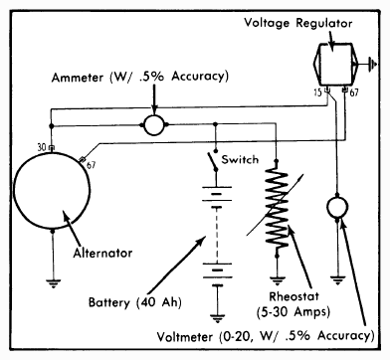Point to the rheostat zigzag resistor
(x=278, y=209)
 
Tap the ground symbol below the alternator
(x=53, y=283)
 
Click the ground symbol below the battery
(x=218, y=318)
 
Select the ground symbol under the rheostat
(x=278, y=280)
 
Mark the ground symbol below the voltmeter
(x=337, y=280)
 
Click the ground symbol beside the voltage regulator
(x=372, y=64)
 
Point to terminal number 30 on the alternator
(x=42, y=147)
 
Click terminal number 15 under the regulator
(x=318, y=92)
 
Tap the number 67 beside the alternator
(x=91, y=165)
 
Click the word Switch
(x=240, y=159)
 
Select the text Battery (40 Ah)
(x=135, y=302)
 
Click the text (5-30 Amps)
(x=293, y=312)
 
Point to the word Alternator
(x=102, y=253)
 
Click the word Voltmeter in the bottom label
(x=185, y=337)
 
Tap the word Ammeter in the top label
(x=78, y=78)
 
